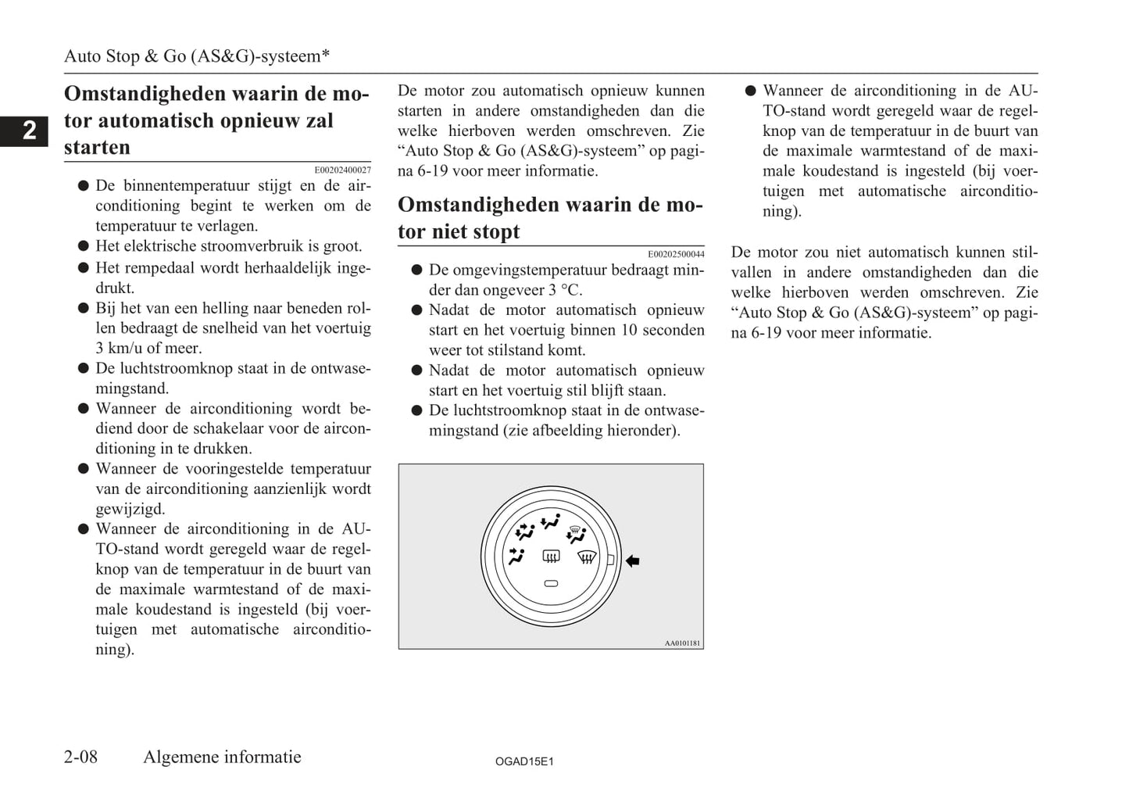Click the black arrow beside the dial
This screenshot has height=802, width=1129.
point(633,560)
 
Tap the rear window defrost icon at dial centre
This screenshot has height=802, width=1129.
point(551,557)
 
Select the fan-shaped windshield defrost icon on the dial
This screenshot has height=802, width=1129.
point(587,557)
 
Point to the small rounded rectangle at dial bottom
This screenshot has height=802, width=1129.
point(551,583)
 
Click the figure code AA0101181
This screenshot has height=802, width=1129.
point(682,643)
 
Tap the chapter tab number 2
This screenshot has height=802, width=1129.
point(29,131)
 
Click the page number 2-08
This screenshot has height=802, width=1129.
point(80,757)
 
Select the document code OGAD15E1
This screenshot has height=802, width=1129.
point(524,761)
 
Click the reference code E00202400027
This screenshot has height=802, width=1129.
point(342,170)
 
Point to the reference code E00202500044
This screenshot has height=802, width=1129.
point(676,254)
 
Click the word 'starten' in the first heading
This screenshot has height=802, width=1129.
point(97,147)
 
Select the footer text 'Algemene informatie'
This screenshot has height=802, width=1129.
point(222,757)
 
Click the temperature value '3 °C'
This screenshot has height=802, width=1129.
point(565,290)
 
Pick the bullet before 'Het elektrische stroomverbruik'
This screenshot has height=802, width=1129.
point(83,246)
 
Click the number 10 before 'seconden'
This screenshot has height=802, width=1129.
point(629,330)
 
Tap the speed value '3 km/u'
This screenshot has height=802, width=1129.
point(123,348)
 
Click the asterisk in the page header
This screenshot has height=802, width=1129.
point(326,55)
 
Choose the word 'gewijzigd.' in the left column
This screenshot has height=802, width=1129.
point(130,509)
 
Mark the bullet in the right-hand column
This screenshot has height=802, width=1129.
point(750,91)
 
